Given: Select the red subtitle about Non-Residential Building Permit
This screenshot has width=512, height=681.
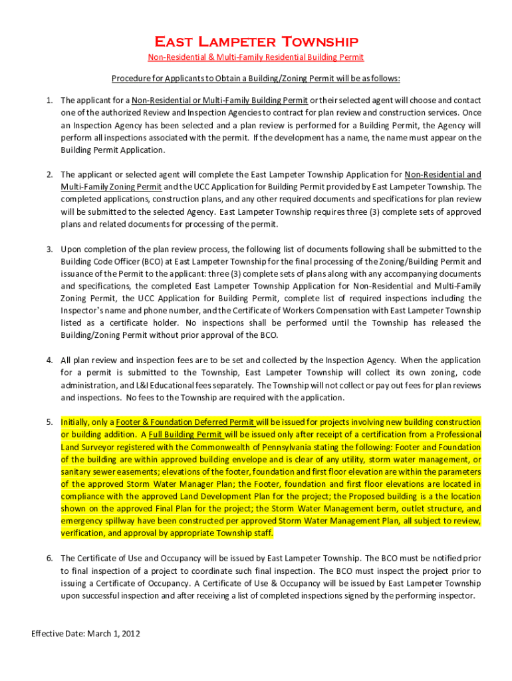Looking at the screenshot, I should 255,57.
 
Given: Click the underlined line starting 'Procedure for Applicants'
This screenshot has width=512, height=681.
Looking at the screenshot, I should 255,78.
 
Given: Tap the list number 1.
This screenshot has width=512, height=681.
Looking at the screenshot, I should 49,100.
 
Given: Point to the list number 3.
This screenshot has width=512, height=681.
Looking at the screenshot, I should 49,249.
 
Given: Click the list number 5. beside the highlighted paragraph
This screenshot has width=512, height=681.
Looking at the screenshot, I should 49,422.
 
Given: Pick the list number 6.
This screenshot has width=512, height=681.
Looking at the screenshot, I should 49,558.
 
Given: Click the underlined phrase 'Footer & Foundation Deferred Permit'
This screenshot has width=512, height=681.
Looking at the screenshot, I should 186,422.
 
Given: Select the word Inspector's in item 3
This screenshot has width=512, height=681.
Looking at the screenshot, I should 86,311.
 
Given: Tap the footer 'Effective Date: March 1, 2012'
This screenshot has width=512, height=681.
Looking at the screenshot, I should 86,634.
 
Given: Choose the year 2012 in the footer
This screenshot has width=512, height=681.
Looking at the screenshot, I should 130,634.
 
